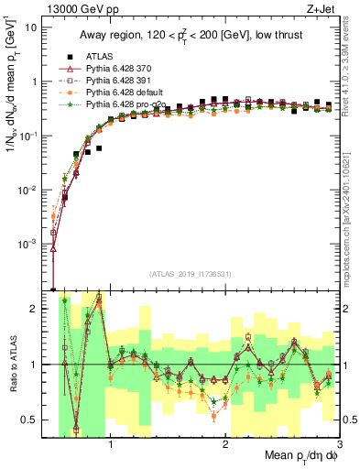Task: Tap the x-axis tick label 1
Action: [111, 445]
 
